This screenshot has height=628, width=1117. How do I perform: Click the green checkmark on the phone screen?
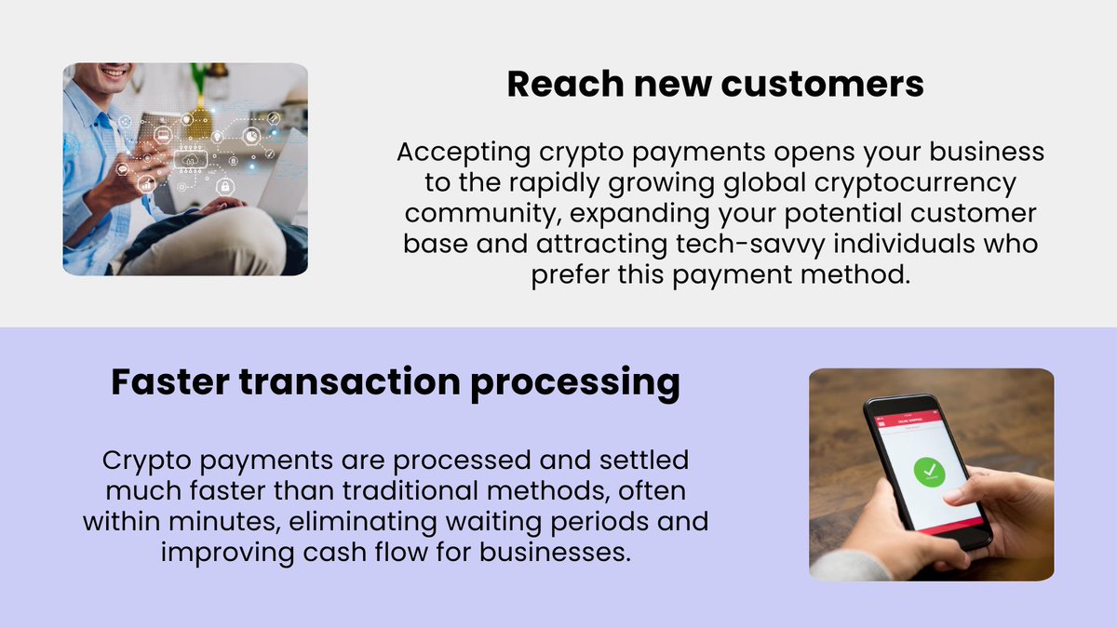click(927, 473)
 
